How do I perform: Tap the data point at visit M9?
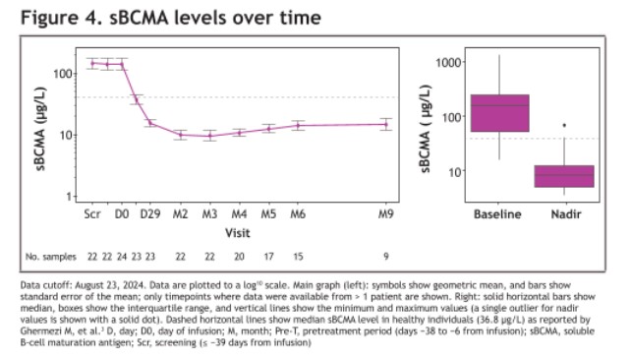click(386, 124)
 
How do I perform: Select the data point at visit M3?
click(209, 136)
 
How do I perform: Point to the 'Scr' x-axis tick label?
click(92, 212)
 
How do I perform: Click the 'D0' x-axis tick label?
click(122, 212)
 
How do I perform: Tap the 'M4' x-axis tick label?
click(239, 212)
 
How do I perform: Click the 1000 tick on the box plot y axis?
click(448, 63)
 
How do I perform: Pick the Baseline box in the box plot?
click(499, 113)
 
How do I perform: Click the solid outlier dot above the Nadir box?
click(564, 125)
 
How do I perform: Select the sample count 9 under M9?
click(386, 257)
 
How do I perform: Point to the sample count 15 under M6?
click(298, 257)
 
